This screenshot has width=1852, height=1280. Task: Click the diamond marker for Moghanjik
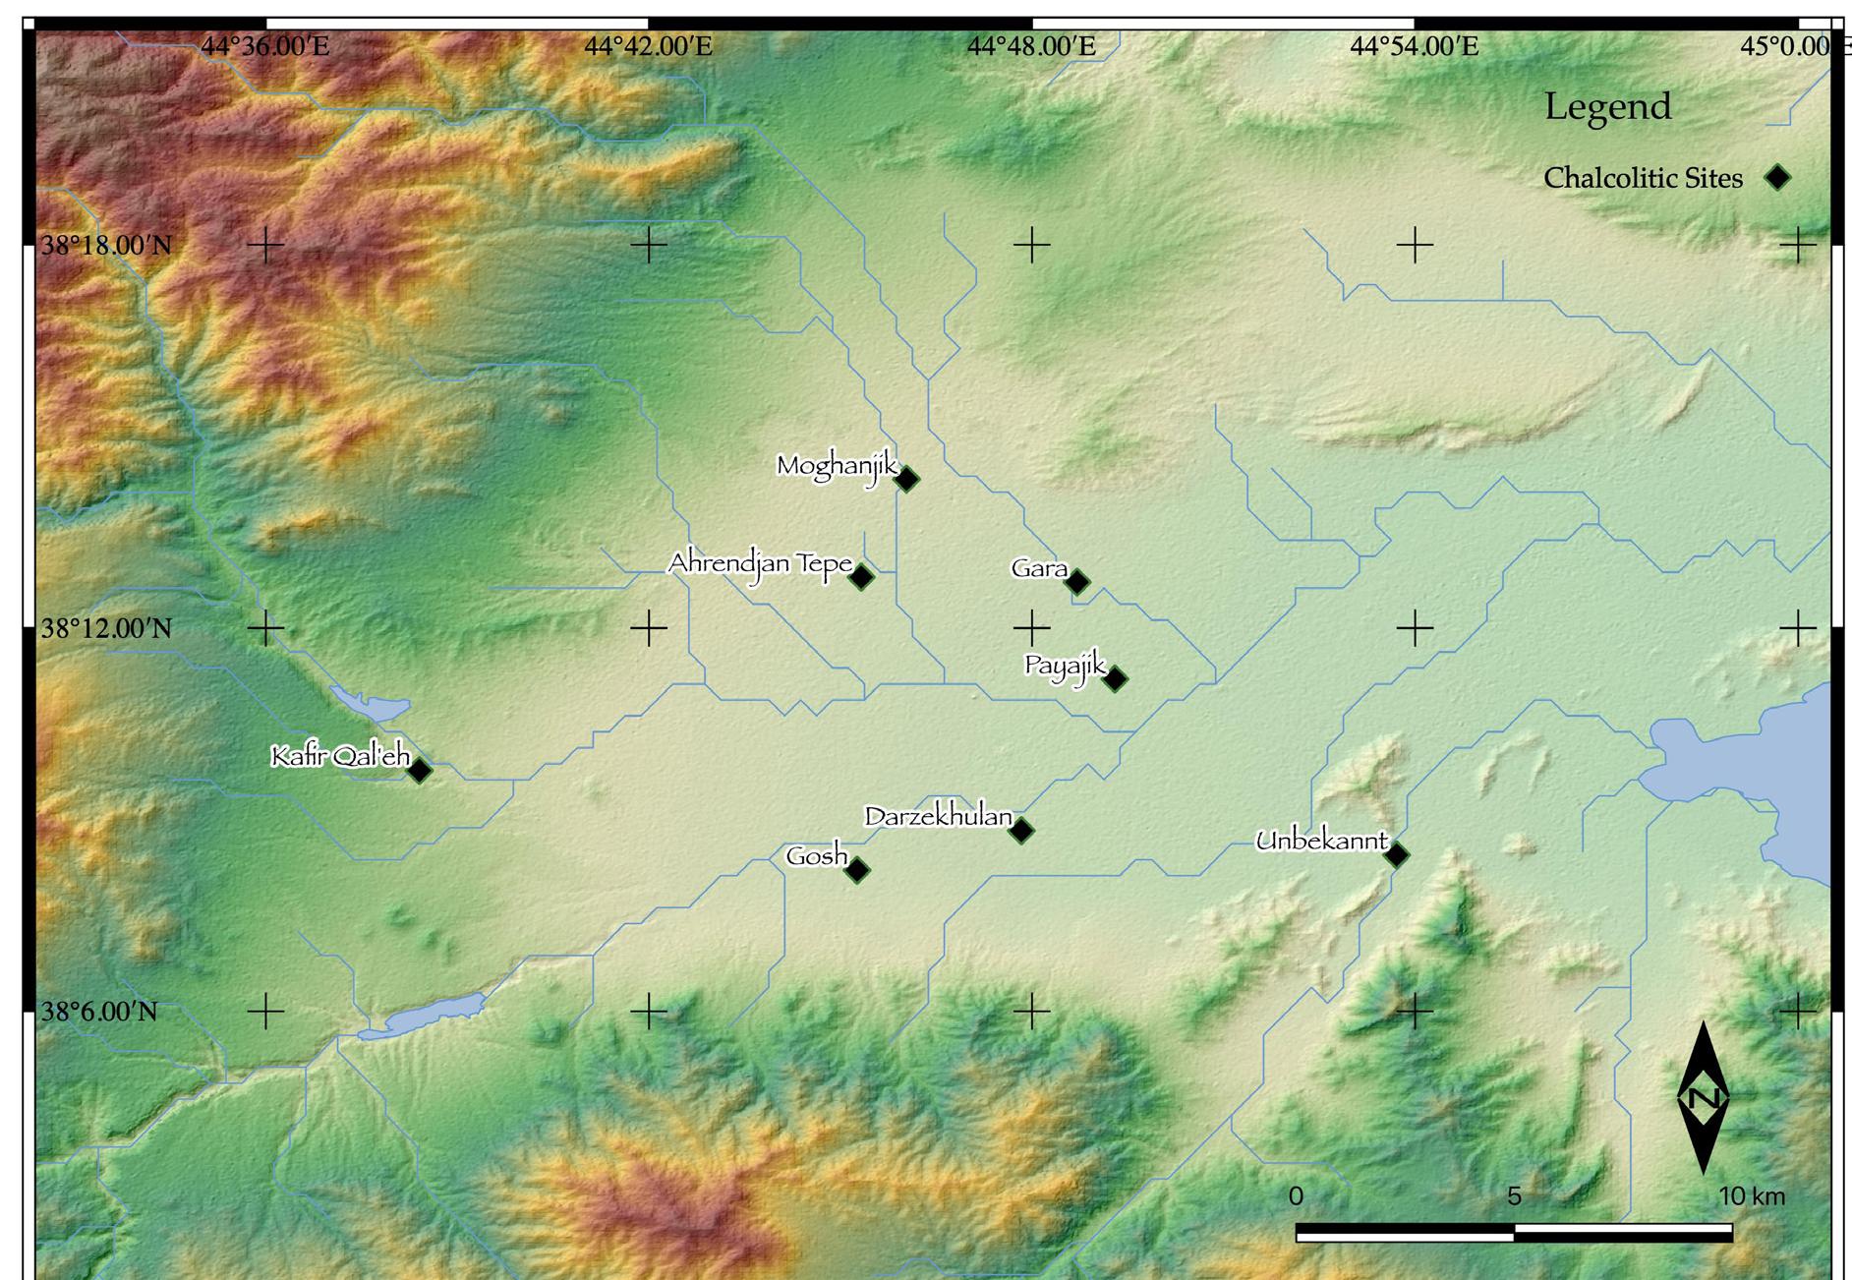click(x=906, y=479)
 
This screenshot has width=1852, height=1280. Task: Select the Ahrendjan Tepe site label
click(x=760, y=564)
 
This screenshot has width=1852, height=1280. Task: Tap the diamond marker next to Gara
click(x=1077, y=581)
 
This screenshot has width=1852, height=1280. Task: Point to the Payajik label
click(x=1066, y=666)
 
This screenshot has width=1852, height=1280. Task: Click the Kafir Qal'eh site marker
click(x=420, y=770)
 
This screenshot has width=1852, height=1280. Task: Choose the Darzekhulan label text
click(x=938, y=817)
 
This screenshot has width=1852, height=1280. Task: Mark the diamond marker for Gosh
click(x=857, y=869)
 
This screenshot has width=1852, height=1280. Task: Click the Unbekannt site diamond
click(x=1396, y=854)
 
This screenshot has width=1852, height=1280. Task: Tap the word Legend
click(x=1607, y=106)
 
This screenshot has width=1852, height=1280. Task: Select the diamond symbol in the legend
click(x=1777, y=178)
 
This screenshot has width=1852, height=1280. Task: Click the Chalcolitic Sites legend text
click(x=1643, y=178)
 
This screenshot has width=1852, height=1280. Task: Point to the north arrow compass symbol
click(x=1703, y=1098)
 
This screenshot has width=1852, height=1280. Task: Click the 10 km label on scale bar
click(x=1752, y=1196)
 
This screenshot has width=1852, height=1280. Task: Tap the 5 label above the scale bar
click(x=1514, y=1196)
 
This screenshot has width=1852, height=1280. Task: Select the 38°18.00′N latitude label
click(x=106, y=245)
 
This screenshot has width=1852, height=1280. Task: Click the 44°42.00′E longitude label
click(x=649, y=46)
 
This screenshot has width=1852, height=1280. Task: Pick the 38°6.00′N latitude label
click(x=98, y=1012)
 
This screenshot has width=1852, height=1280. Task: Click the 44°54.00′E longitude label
click(x=1415, y=46)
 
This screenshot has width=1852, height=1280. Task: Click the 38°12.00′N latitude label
click(x=106, y=628)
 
